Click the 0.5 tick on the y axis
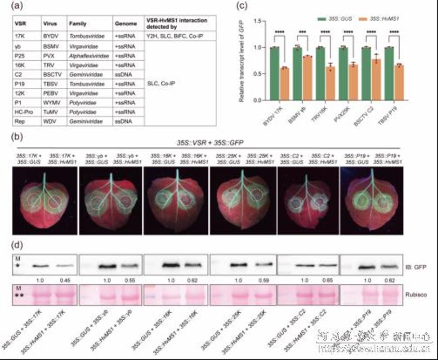(x=258, y=74)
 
